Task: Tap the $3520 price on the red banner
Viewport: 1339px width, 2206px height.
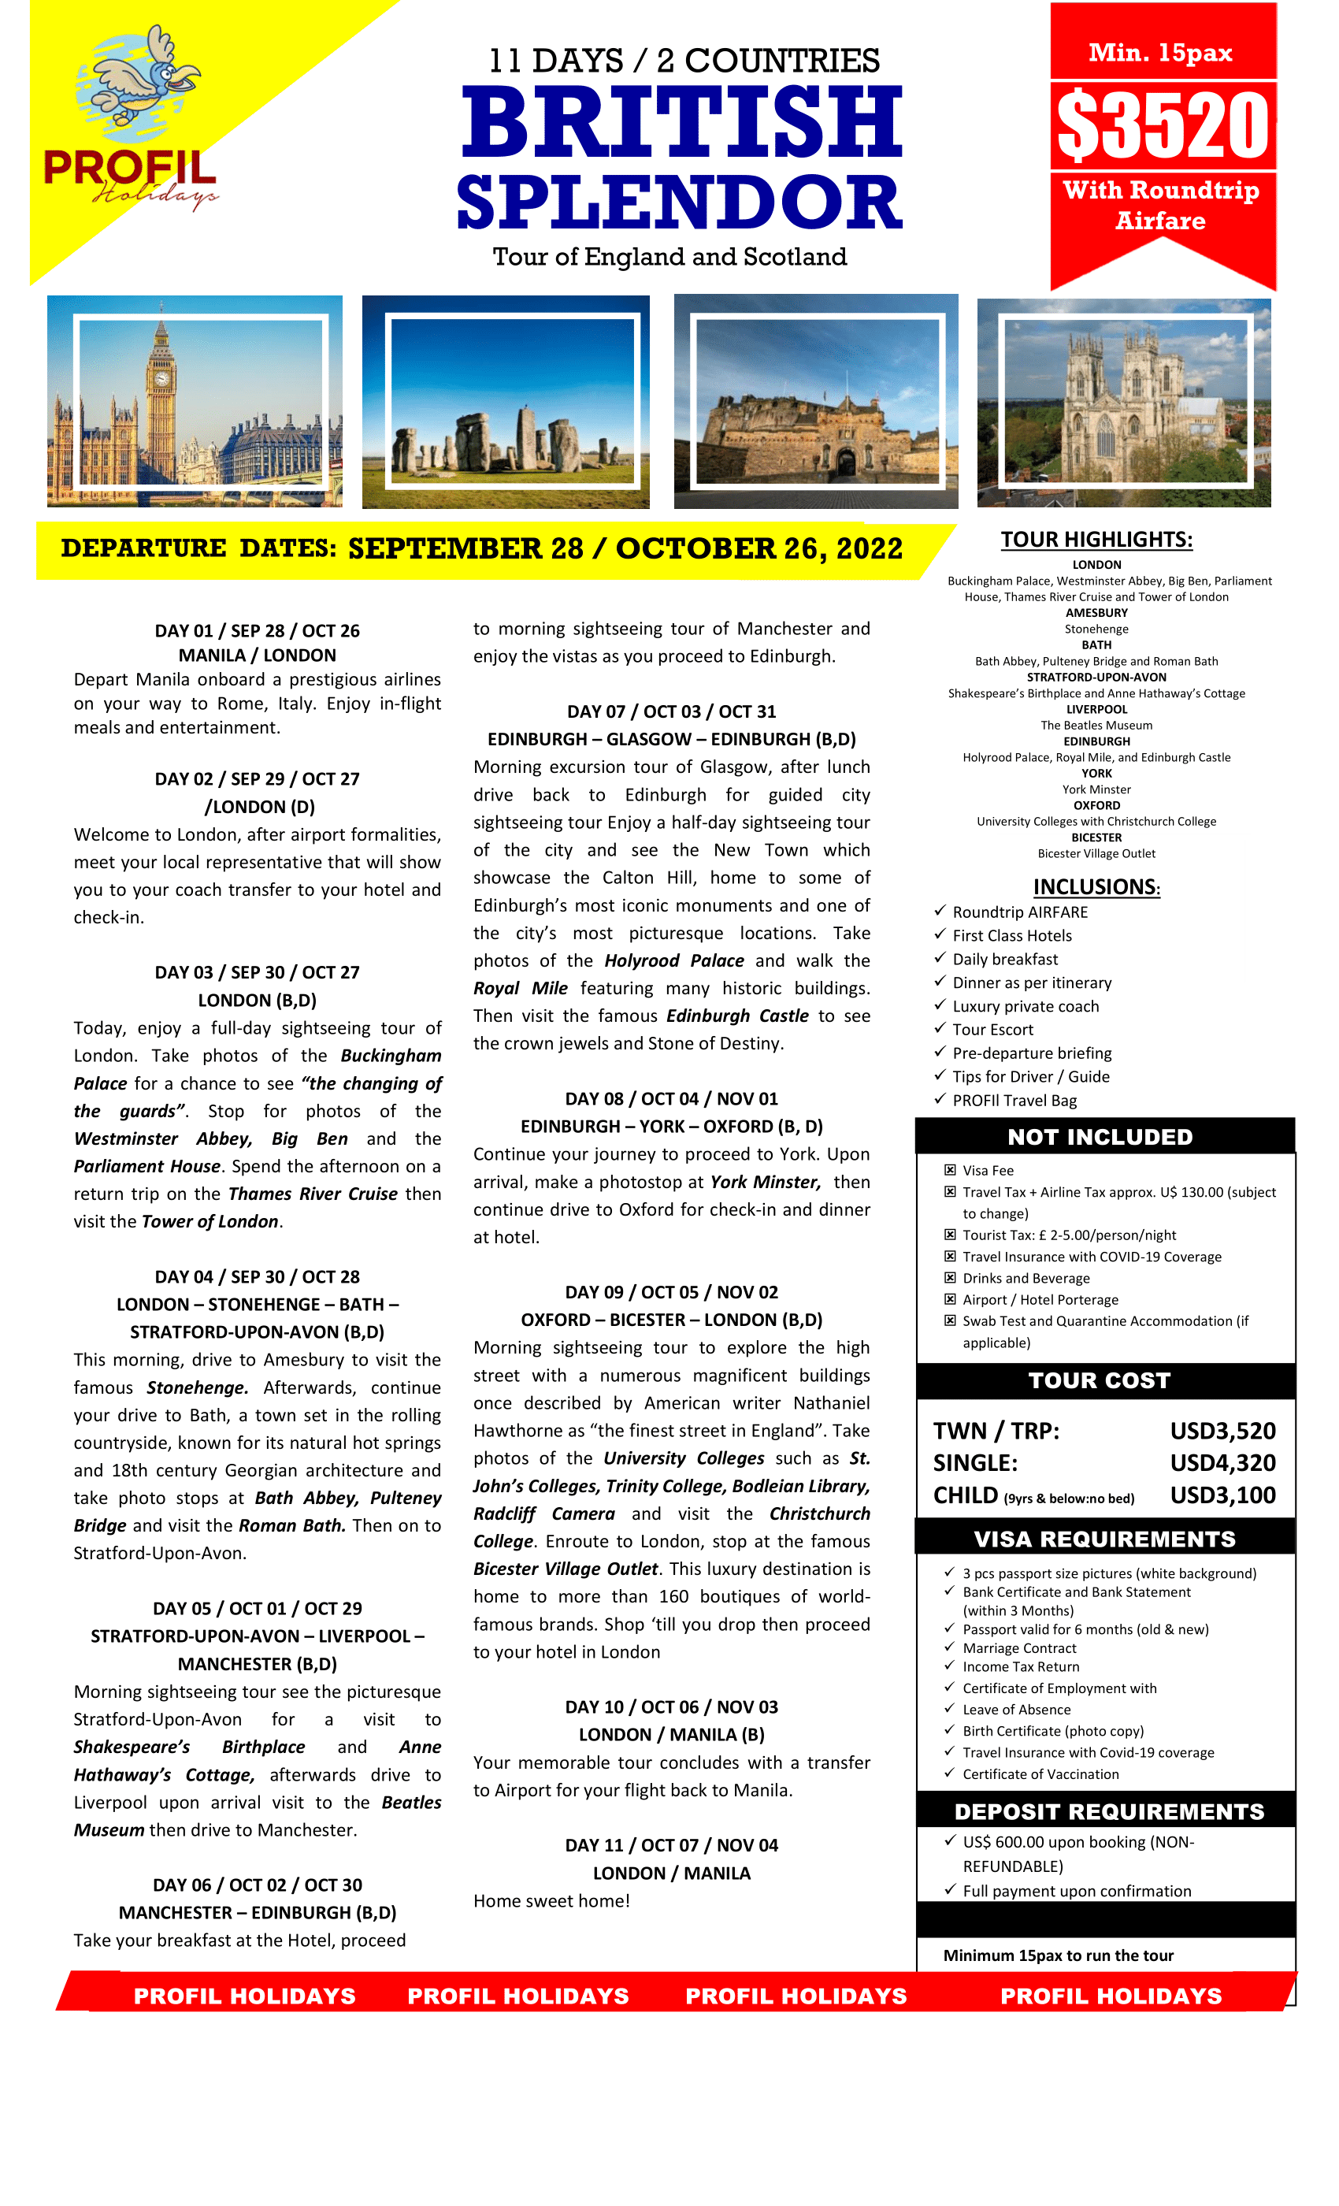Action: (x=1163, y=125)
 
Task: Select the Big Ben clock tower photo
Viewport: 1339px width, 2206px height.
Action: (x=195, y=401)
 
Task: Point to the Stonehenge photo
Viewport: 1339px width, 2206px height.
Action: (x=506, y=402)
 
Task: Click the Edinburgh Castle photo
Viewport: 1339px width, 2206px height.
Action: (x=815, y=401)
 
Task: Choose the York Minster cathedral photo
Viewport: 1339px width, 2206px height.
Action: (x=1123, y=402)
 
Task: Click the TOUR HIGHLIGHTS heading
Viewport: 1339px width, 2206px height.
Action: (x=1096, y=539)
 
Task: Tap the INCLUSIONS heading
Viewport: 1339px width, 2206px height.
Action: (x=1096, y=886)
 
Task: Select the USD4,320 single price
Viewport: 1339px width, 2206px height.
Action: (x=1222, y=1462)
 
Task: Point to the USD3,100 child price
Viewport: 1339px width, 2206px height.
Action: (x=1222, y=1495)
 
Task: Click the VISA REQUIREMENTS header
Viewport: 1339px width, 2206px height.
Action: (x=1104, y=1538)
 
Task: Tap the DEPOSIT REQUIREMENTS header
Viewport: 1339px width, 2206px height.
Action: (x=1108, y=1811)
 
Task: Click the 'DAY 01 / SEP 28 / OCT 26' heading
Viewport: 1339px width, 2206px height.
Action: (x=257, y=630)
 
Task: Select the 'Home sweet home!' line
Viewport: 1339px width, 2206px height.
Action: (x=551, y=1900)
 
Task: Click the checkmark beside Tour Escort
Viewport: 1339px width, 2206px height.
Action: (x=939, y=1028)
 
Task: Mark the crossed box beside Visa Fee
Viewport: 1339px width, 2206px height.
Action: (x=950, y=1170)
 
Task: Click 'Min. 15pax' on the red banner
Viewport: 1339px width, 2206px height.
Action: (x=1160, y=52)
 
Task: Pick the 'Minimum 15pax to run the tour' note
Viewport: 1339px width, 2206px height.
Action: (x=1058, y=1955)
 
